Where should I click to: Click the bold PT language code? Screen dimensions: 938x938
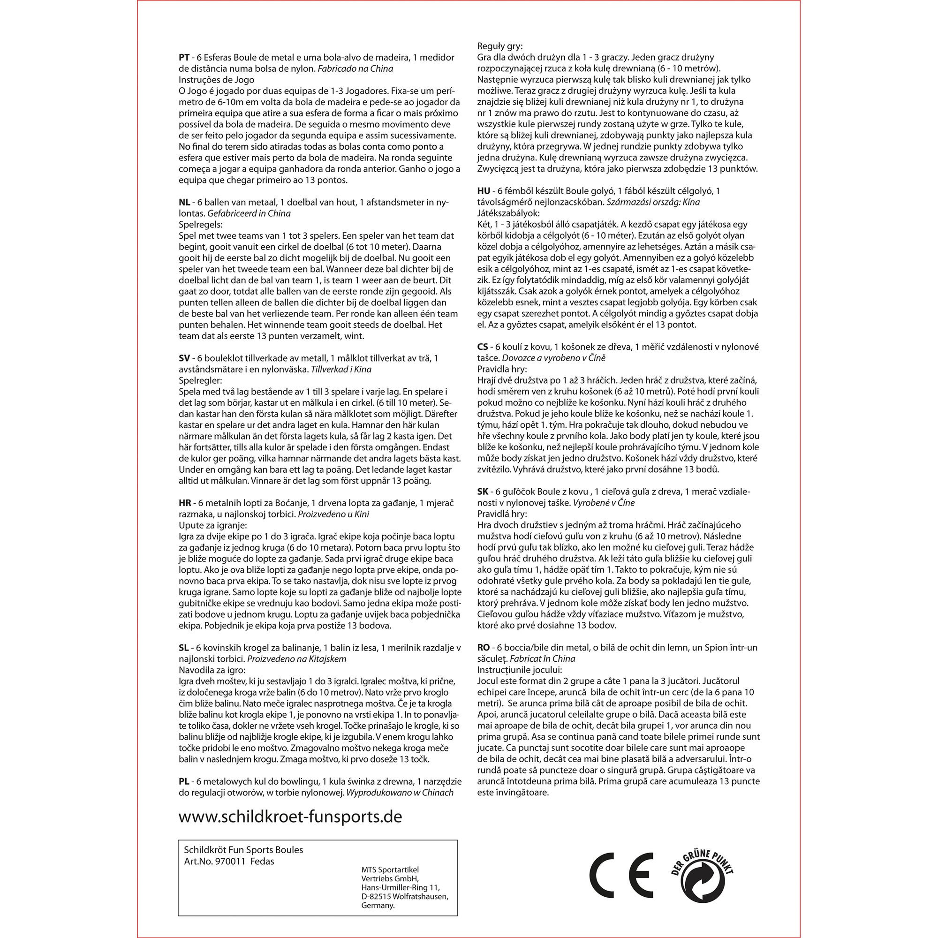click(184, 57)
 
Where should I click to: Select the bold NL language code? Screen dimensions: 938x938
click(184, 203)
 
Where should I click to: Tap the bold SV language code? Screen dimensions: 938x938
click(184, 358)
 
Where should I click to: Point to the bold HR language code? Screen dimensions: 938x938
click(185, 503)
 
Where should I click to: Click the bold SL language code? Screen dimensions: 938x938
click(184, 648)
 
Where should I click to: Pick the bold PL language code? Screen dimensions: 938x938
click(184, 782)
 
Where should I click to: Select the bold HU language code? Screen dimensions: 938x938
click(483, 191)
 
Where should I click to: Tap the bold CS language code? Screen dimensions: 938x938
click(483, 347)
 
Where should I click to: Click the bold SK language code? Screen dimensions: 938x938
click(483, 492)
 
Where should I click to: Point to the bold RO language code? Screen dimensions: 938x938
click(484, 648)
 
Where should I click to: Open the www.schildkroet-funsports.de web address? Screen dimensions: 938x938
click(290, 817)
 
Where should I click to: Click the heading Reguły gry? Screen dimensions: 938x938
click(500, 46)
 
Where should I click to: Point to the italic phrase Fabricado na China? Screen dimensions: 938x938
click(356, 68)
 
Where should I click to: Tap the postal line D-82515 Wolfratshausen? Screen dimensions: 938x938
click(404, 896)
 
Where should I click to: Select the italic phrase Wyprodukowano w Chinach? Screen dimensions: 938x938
click(399, 793)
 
